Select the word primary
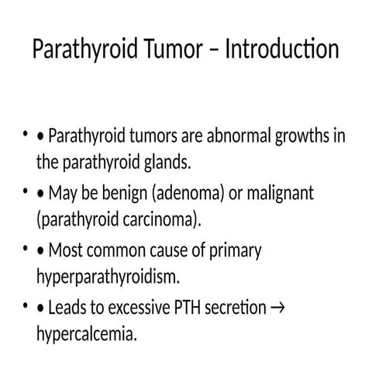233,251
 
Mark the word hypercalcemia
90,335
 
